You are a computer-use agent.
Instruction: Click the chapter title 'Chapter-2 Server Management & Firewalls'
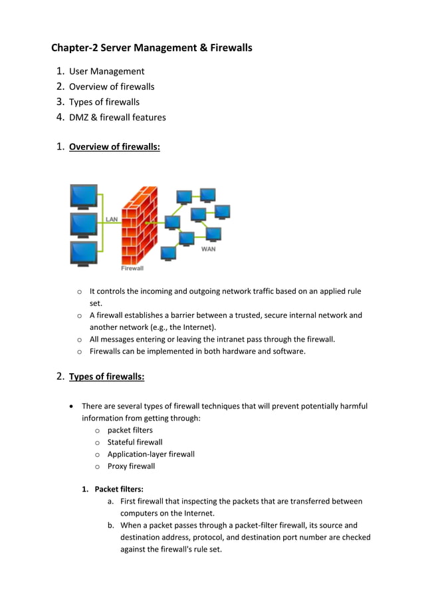152,48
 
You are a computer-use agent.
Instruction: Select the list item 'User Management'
106,71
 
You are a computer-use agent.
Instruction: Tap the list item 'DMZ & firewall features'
117,118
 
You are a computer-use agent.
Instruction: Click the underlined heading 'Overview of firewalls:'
114,147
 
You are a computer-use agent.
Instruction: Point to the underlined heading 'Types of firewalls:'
106,377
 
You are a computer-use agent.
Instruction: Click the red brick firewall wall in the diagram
138,226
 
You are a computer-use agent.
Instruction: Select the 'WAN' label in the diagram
208,249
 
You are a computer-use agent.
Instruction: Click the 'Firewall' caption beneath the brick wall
132,269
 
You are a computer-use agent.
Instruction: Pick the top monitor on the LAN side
84,196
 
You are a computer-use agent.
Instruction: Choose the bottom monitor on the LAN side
84,253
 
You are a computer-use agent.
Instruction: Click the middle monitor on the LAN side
84,225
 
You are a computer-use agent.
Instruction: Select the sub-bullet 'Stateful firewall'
134,442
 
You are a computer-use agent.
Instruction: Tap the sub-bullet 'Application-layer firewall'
151,454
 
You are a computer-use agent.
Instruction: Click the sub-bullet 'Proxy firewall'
131,466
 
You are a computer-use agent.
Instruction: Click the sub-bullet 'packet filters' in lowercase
130,430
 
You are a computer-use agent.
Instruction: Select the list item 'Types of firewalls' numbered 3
104,102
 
